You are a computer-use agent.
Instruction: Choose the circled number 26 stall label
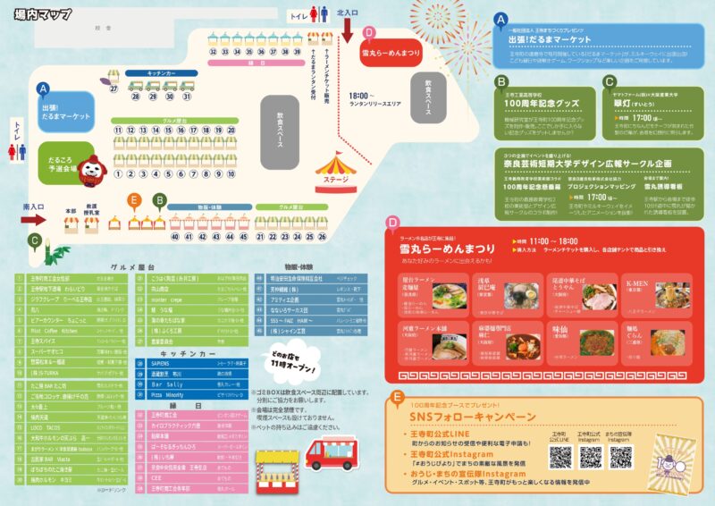(x=322, y=237)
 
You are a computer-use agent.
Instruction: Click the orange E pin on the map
(x=134, y=199)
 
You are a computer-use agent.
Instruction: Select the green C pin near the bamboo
(x=34, y=240)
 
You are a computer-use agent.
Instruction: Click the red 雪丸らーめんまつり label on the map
(x=391, y=53)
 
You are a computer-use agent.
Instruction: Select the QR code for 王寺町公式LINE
(x=560, y=457)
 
